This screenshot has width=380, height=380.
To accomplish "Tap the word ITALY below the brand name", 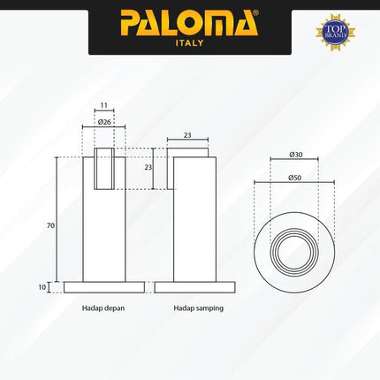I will tap(190, 42).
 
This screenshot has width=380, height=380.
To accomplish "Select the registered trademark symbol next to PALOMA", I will tap(255, 14).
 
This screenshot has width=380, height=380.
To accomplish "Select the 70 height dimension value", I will tap(50, 225).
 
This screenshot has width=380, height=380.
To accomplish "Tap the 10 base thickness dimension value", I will tap(50, 287).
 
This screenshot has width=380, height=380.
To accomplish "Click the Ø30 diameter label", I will tap(295, 155).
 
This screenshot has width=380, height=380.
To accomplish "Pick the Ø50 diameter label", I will tap(295, 177).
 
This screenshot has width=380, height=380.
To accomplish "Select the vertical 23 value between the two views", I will tap(148, 167).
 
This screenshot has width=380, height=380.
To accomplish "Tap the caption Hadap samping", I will tap(199, 308).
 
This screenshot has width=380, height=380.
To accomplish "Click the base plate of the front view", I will tap(104, 287).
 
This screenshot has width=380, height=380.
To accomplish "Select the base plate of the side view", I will tap(195, 287).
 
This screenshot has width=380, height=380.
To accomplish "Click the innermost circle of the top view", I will tap(294, 252).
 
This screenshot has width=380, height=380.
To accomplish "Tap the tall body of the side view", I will tap(191, 221).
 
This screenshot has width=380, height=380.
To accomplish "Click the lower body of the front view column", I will tap(104, 239).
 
